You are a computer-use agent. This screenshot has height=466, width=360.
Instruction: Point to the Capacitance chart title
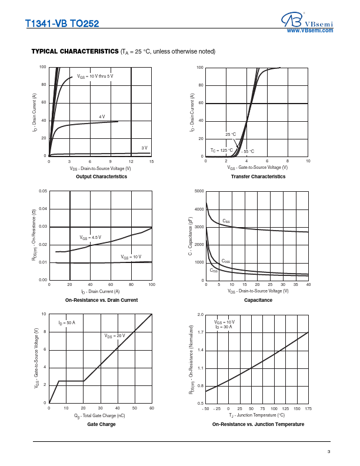click(258, 300)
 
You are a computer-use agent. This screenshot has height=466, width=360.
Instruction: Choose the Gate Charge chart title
click(101, 424)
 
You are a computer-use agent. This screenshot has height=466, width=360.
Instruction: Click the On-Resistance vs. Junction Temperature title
click(258, 424)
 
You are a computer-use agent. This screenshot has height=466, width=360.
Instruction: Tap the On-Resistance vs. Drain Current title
click(101, 300)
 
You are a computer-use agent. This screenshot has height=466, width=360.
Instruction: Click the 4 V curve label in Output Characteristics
click(102, 116)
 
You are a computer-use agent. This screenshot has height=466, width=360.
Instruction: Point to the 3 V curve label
click(144, 148)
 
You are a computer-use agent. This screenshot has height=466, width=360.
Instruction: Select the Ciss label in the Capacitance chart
click(226, 221)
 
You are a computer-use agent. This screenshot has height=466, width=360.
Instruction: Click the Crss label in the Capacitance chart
click(214, 271)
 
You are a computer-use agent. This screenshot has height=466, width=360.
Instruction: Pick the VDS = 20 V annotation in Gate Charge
click(115, 335)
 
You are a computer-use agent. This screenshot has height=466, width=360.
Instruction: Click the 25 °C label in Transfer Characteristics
click(231, 135)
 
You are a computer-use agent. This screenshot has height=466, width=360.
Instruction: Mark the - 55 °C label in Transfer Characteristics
click(248, 151)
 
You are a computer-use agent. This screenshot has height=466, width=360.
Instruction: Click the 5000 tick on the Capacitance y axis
click(199, 192)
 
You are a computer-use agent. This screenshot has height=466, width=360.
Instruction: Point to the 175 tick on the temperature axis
click(308, 408)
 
